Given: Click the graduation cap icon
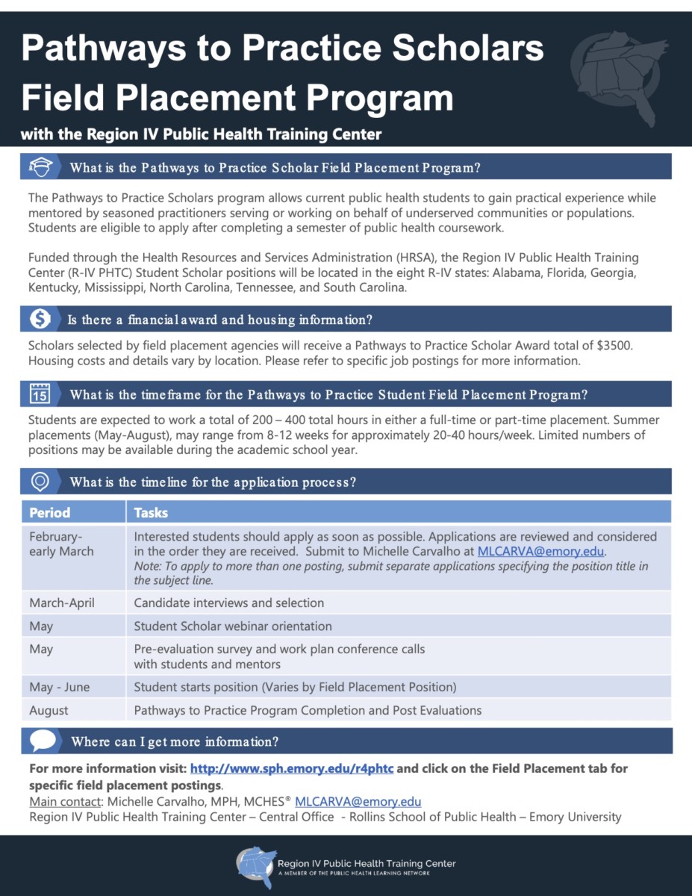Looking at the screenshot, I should tap(40, 167).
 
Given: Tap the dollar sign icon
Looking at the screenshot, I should tap(40, 320).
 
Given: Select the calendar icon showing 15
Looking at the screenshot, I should tap(40, 393).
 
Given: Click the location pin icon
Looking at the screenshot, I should tap(40, 482).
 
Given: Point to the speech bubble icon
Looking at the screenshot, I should tap(43, 741).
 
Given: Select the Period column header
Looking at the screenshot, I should tap(50, 513).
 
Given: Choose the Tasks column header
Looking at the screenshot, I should tap(151, 513).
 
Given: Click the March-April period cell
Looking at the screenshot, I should tap(62, 603).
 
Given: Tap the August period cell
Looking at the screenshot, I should tap(49, 710).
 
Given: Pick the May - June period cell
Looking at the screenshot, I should tap(59, 686).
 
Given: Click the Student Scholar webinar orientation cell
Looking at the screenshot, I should tap(233, 626).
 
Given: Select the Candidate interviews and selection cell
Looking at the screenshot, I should tap(228, 603).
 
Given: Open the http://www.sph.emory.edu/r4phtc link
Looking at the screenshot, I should tap(292, 768).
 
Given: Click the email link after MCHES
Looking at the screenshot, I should tap(358, 802).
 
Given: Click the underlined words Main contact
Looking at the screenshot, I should tap(66, 802).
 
